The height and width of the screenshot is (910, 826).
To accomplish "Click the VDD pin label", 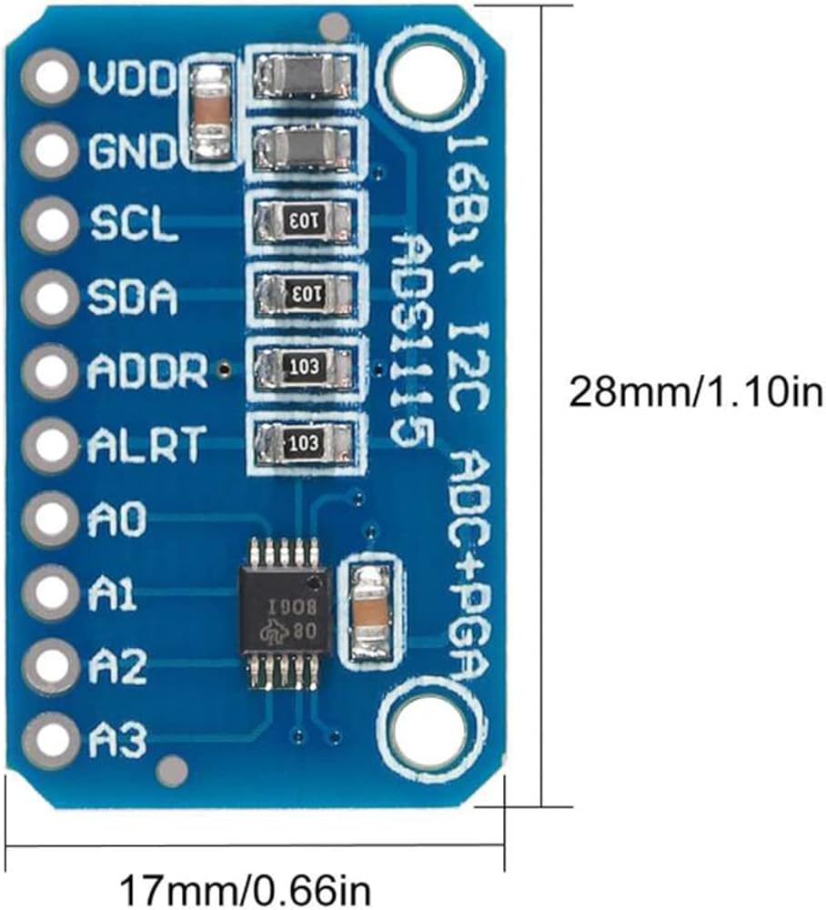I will point(132,79).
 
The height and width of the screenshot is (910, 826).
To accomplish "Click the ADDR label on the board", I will point(147,371).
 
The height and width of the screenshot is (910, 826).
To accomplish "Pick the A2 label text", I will point(117,669).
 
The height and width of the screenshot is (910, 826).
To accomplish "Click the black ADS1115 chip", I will point(282,605).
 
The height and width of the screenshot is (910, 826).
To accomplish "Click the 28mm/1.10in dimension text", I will point(696,392).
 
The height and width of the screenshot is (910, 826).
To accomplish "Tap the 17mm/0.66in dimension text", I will point(246,887).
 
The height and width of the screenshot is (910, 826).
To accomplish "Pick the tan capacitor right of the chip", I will point(369,609).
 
